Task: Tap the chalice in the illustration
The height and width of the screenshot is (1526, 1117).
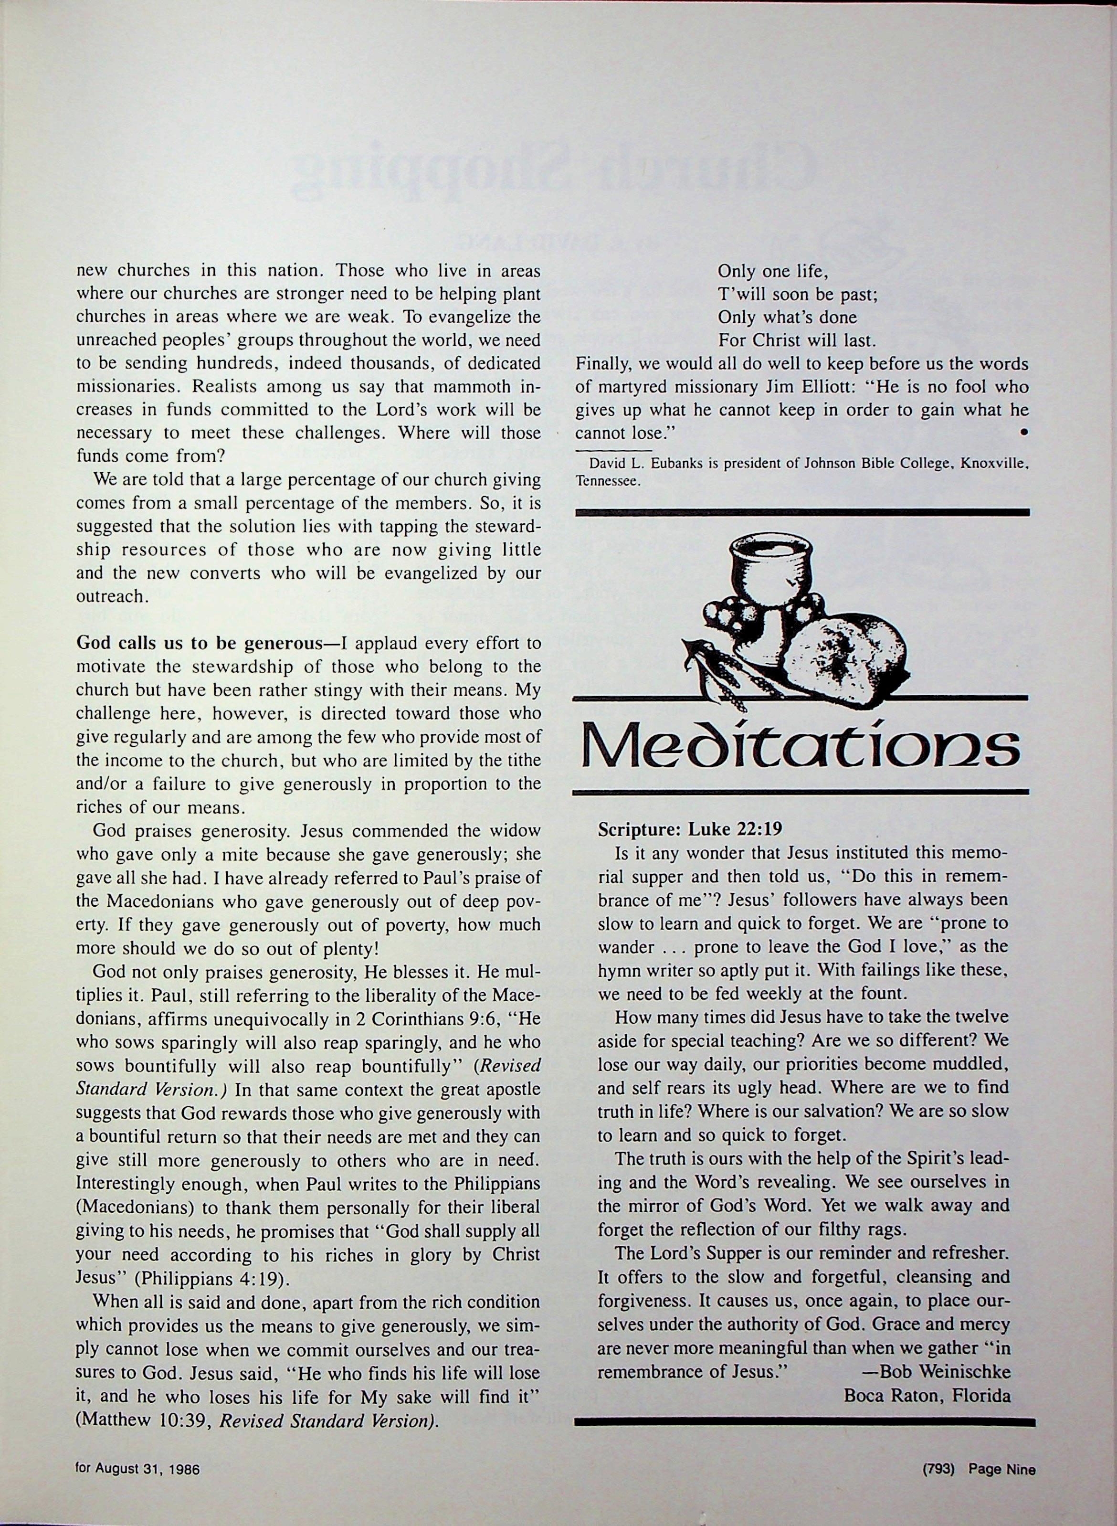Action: (768, 575)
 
